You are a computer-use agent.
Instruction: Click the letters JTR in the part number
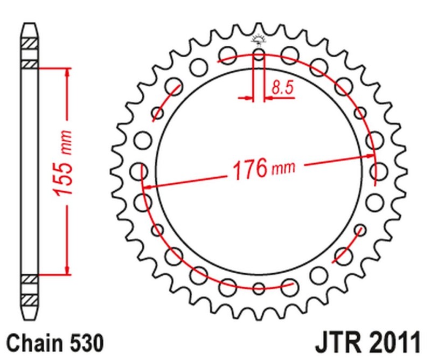[x=338, y=342]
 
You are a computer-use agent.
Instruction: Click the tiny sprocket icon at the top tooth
[x=259, y=39]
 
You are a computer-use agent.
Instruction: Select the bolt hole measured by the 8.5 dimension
[x=259, y=54]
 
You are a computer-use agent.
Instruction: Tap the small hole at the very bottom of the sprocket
[x=259, y=288]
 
